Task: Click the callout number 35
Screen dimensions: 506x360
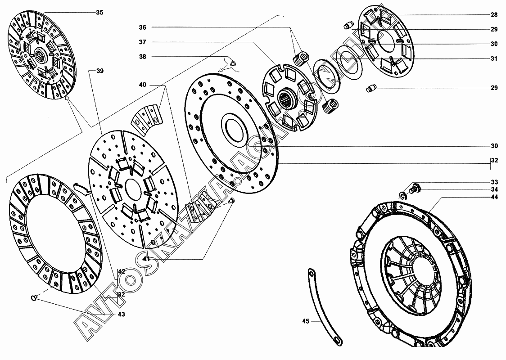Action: pos(99,13)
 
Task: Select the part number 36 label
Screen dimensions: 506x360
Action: pos(143,27)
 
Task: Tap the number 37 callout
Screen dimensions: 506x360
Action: pos(143,42)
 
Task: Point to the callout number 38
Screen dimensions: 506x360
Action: pos(143,56)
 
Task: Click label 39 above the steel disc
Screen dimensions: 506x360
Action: pos(100,71)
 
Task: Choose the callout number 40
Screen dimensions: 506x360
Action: pos(143,85)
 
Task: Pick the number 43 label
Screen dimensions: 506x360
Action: pos(122,314)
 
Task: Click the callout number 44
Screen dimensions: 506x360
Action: pos(494,198)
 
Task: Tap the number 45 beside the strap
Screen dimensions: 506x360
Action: pos(306,321)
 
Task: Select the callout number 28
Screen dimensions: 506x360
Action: pos(494,15)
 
